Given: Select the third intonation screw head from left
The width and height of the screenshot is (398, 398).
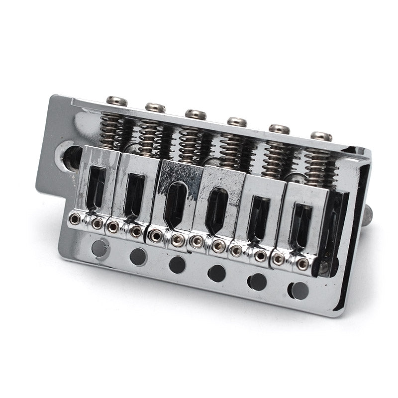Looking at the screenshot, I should coord(196,114).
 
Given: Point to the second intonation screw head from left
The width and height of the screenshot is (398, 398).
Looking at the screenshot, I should coord(155,107).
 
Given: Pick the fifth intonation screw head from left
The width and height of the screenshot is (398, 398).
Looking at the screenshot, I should coord(279,129).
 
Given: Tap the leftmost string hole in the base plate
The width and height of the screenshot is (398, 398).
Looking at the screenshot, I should coord(100,247).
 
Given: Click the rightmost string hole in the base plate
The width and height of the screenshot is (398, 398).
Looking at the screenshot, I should coord(298,290).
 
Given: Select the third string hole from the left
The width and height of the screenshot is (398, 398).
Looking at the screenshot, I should coord(177,264).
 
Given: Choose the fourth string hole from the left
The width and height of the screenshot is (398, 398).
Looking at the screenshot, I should coord(217,273).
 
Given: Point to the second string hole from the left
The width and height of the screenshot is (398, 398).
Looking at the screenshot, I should coord(138,256).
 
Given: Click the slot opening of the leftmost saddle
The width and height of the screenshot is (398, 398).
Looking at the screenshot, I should coord(97,187).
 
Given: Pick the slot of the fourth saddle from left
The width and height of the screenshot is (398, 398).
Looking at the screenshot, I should coord(216,211).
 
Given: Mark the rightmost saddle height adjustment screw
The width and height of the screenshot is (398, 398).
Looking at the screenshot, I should coord(302,264).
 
